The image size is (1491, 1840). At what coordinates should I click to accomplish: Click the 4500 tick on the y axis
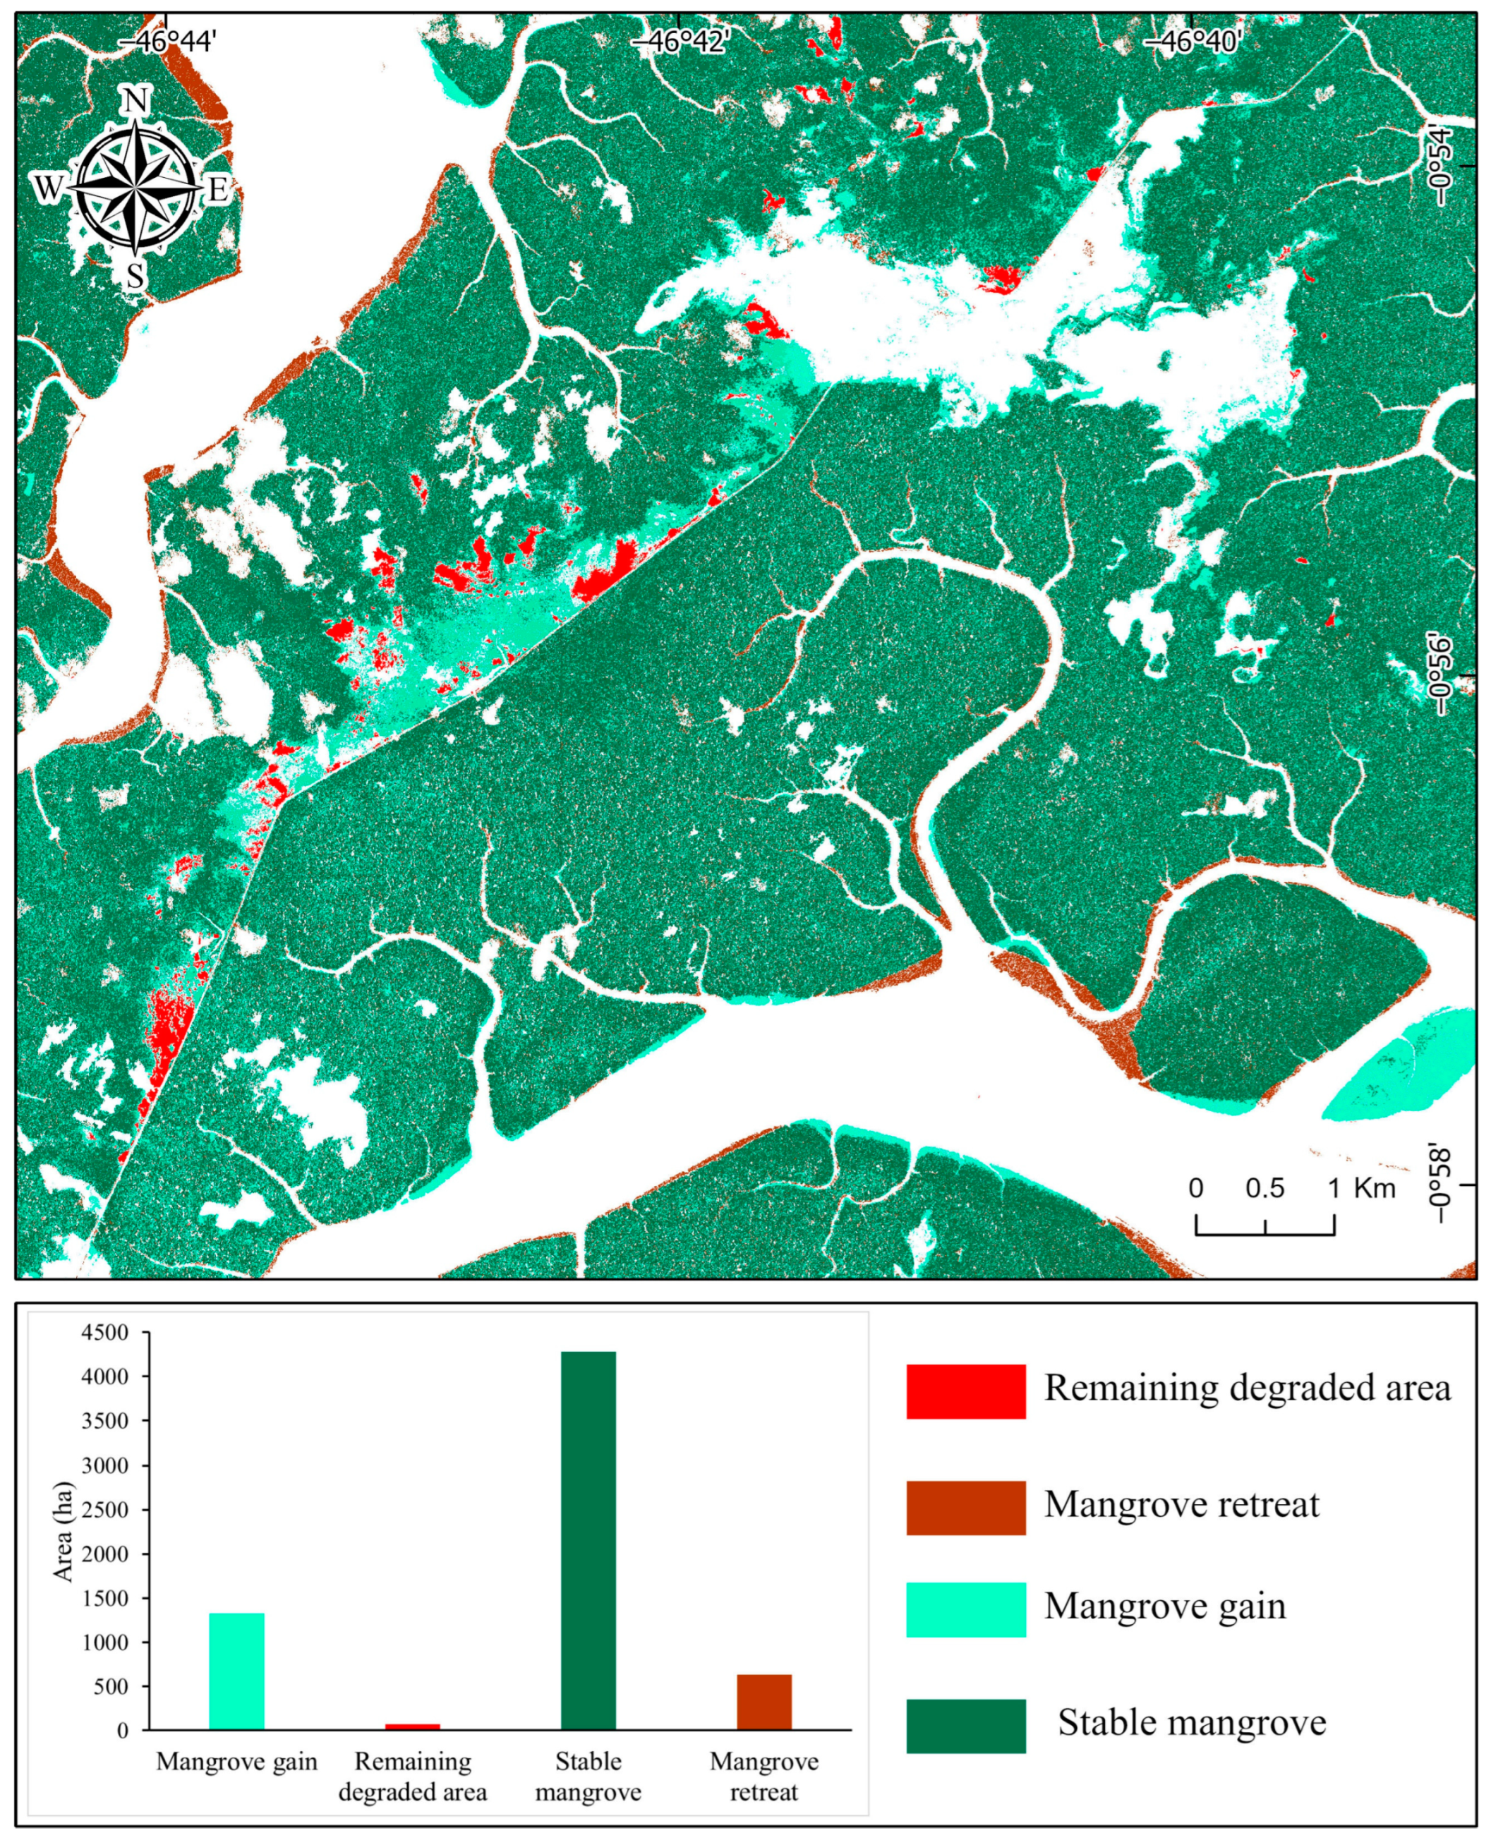tap(104, 1333)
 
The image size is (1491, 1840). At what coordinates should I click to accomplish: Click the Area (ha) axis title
tap(64, 1531)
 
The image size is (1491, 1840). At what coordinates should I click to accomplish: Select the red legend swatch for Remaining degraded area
tap(965, 1391)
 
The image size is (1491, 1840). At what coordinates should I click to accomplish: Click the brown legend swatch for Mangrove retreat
tap(965, 1508)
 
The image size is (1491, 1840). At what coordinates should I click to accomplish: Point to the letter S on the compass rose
tap(135, 277)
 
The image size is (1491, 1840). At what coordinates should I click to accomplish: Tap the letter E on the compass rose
tap(218, 188)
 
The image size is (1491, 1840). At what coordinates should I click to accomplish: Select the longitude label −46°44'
tap(167, 40)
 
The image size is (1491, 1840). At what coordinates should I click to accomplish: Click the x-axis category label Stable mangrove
tap(588, 1777)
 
